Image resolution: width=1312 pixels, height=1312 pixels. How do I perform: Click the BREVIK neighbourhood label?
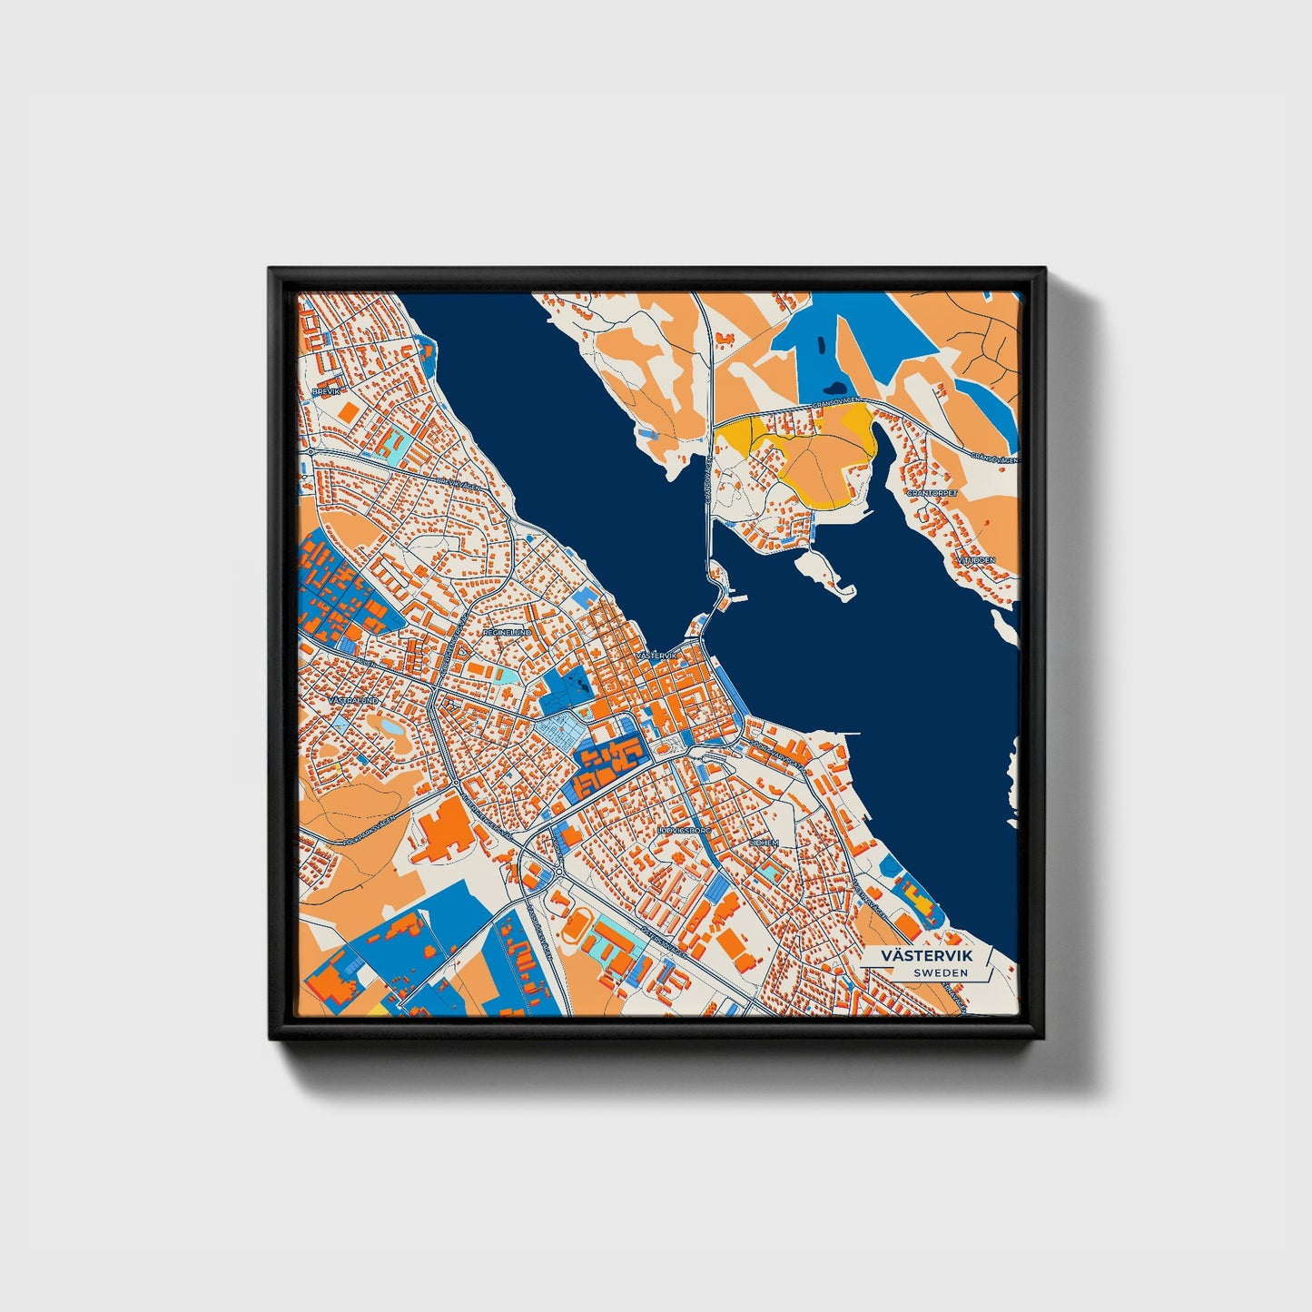pos(324,391)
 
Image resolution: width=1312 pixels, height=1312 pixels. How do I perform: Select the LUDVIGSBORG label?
pos(683,830)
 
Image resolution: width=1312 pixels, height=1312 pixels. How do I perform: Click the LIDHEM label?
pos(764,843)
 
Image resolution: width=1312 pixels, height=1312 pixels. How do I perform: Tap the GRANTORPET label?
pos(932,493)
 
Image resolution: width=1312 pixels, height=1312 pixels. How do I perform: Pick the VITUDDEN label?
pos(975,560)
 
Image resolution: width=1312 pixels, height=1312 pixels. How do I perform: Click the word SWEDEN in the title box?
pos(941,972)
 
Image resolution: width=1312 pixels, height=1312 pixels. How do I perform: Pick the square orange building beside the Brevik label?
pos(348,411)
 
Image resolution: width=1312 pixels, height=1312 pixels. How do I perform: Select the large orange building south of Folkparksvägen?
pos(444,833)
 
